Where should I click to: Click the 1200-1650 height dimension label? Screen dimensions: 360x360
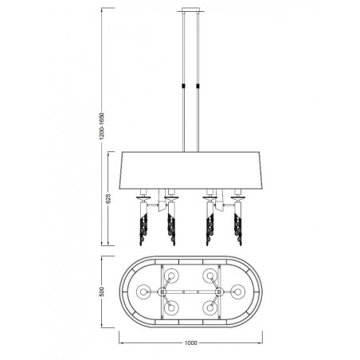click(102, 126)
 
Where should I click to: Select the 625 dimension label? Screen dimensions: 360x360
click(108, 198)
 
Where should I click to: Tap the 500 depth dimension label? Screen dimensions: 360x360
click(102, 292)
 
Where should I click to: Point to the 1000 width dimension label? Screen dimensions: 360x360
click(190, 342)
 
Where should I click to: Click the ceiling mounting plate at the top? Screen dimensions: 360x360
click(190, 10)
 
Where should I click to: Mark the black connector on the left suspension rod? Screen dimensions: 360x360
click(183, 86)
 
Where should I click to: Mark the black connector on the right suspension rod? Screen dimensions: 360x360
click(198, 86)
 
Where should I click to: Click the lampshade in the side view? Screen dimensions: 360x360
click(190, 170)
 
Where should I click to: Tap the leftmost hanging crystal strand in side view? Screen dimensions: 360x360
click(143, 229)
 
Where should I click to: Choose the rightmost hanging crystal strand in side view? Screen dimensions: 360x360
click(238, 229)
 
